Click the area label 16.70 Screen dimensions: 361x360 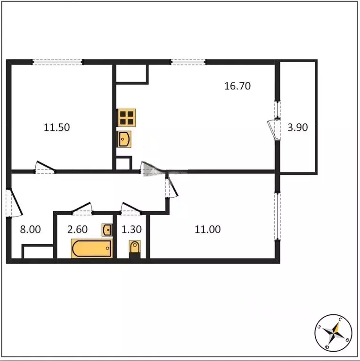pyautogui.click(x=237, y=86)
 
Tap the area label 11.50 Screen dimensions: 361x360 pyautogui.click(x=57, y=127)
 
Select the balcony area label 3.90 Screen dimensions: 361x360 pyautogui.click(x=297, y=127)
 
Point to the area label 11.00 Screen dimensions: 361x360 pyautogui.click(x=208, y=230)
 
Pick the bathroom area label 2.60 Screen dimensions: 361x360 pyautogui.click(x=78, y=230)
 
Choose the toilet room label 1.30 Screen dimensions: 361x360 pyautogui.click(x=131, y=230)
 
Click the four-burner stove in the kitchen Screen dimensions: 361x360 pyautogui.click(x=127, y=117)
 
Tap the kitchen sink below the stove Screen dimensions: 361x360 pyautogui.click(x=124, y=139)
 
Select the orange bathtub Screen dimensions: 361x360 pyautogui.click(x=92, y=248)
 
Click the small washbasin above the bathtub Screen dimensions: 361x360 pyautogui.click(x=107, y=230)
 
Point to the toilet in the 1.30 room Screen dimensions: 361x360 pyautogui.click(x=135, y=248)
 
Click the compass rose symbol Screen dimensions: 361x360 pyautogui.click(x=334, y=333)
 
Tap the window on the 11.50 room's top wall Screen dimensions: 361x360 pyautogui.click(x=57, y=62)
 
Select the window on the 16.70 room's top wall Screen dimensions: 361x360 pyautogui.click(x=188, y=62)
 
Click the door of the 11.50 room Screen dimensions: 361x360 pyautogui.click(x=45, y=168)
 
